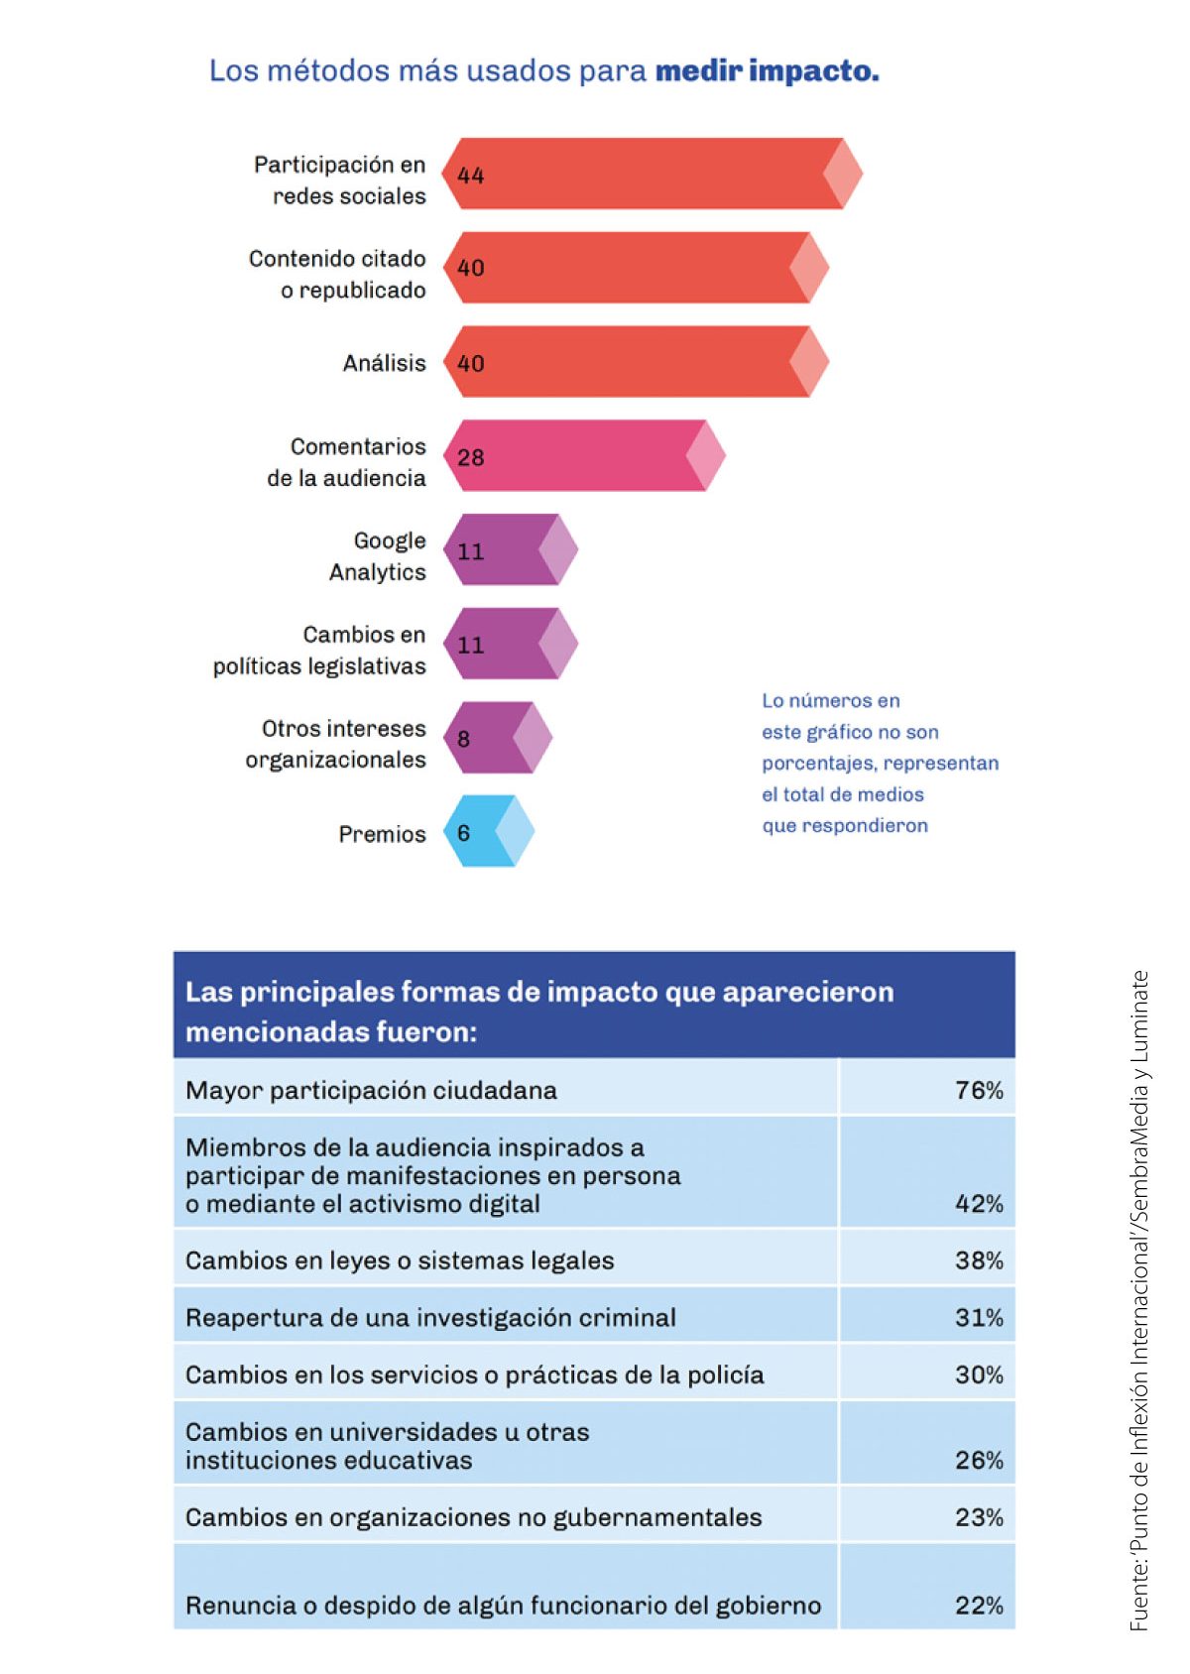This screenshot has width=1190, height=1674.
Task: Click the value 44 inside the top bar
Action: coord(470,176)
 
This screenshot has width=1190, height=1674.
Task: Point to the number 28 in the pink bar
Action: coord(470,457)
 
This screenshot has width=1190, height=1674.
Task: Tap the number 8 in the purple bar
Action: coord(463,739)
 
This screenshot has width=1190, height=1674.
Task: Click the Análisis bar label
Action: coord(384,363)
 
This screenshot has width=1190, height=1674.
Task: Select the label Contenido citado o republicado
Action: coord(337,274)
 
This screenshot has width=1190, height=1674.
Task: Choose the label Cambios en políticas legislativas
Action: coord(319,650)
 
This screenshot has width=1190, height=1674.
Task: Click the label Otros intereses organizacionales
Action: coord(336,744)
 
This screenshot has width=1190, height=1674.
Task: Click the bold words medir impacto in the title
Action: coord(767,71)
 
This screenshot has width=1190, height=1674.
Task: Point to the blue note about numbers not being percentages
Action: coord(880,763)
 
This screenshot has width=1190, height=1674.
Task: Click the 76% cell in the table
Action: coord(979,1090)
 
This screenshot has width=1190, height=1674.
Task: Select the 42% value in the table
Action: coord(979,1203)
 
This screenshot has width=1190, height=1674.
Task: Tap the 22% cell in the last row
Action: coord(979,1605)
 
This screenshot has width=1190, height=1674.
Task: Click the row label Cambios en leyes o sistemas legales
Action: coord(400,1260)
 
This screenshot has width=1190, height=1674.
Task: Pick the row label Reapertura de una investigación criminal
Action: coord(430,1317)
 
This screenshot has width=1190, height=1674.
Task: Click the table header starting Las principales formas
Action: coord(539,1011)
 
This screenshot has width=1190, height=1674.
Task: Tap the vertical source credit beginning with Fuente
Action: coord(1140,1299)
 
